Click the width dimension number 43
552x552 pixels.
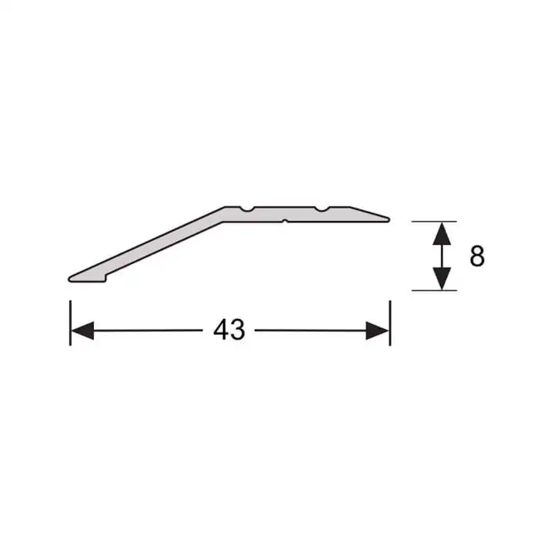pos(229,331)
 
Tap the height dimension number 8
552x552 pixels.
pos(477,256)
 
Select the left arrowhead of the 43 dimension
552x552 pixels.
pos(82,331)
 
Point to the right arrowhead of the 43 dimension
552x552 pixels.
pos(377,331)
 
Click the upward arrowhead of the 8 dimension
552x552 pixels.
pos(442,233)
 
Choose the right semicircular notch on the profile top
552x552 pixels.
pos(322,210)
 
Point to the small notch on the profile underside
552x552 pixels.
pos(285,221)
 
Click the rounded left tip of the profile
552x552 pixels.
pos(72,278)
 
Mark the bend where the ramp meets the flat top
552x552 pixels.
pos(225,211)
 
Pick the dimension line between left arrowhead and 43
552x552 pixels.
pos(149,331)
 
